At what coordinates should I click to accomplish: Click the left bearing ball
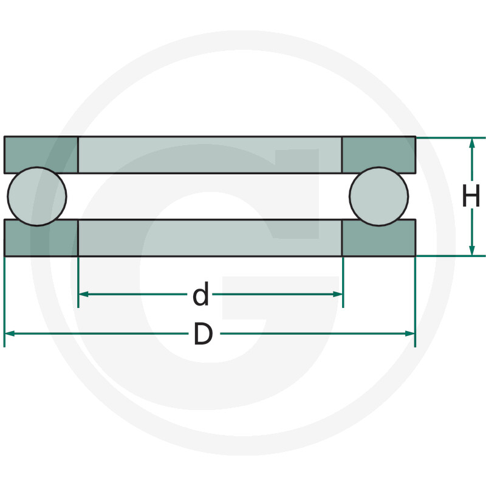36,196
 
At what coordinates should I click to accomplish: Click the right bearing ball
379,196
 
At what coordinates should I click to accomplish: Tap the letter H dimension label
471,196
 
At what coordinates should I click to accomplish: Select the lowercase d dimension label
200,295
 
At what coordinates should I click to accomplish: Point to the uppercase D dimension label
203,334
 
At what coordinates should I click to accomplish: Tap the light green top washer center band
210,155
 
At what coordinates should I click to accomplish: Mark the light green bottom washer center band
210,238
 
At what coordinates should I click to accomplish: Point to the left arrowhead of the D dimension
9,333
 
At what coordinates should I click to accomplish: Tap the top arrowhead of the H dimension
472,143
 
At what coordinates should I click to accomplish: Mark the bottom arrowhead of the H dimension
472,250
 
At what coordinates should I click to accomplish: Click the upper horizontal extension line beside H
450,138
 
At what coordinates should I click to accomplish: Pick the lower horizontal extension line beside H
450,256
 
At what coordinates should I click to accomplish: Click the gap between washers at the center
210,196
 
